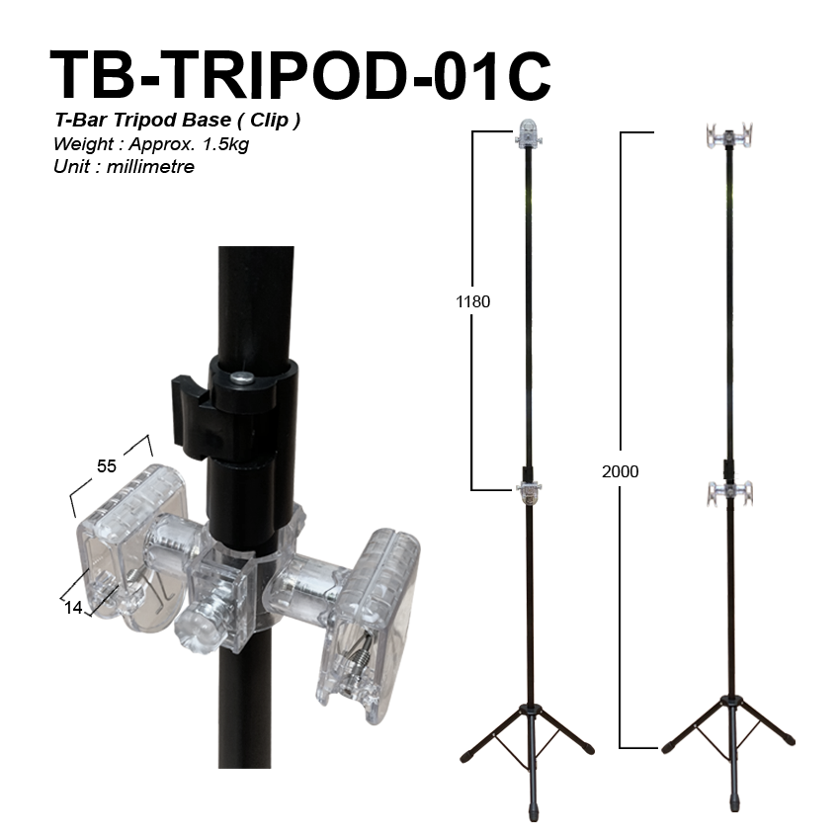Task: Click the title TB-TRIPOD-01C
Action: click(300, 75)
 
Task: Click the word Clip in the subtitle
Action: click(269, 120)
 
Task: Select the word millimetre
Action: click(150, 167)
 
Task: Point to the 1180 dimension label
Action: click(472, 301)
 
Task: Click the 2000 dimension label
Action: click(620, 471)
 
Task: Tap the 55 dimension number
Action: click(106, 466)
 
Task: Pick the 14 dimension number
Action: click(73, 608)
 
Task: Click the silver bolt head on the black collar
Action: click(242, 378)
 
